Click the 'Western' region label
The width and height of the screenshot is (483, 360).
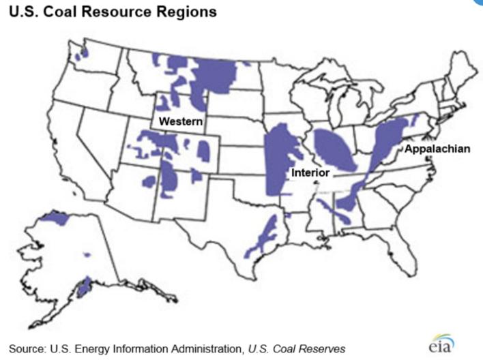pyautogui.click(x=181, y=121)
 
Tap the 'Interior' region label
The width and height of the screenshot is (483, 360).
pyautogui.click(x=310, y=172)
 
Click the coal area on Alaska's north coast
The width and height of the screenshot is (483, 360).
pyautogui.click(x=55, y=219)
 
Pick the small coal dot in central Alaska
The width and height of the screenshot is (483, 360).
pyautogui.click(x=87, y=254)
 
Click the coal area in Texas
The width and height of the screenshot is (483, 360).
pyautogui.click(x=262, y=235)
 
